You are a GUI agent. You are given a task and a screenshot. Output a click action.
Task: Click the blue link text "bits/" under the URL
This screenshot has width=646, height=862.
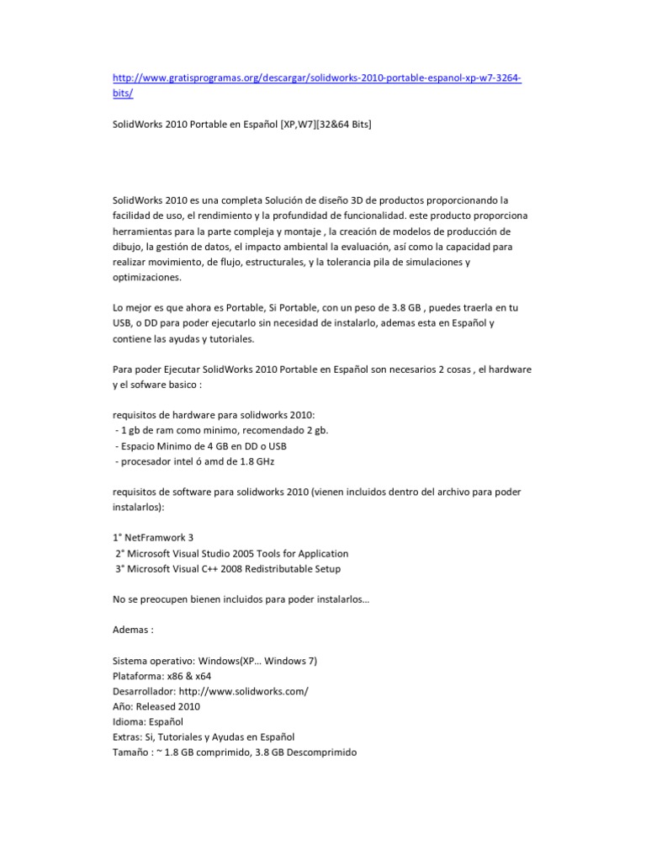click(x=123, y=94)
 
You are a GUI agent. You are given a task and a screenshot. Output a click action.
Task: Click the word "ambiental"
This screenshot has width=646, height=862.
click(x=309, y=247)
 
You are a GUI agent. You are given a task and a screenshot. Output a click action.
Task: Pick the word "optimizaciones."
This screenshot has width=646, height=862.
click(x=146, y=278)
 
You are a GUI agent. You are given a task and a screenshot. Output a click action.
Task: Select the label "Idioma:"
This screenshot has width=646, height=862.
click(x=130, y=721)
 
